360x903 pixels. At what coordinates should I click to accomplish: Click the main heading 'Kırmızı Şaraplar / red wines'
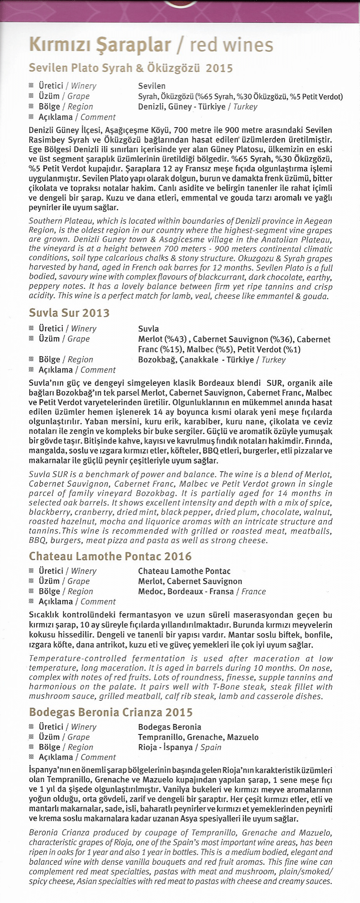pyautogui.click(x=151, y=45)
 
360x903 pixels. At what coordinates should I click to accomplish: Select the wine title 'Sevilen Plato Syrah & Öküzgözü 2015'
pyautogui.click(x=131, y=68)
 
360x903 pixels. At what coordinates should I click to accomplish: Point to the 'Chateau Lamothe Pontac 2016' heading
pyautogui.click(x=110, y=556)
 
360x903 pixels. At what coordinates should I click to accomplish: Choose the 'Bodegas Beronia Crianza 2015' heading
pyautogui.click(x=111, y=712)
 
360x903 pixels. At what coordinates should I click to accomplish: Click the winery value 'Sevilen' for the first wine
pyautogui.click(x=152, y=86)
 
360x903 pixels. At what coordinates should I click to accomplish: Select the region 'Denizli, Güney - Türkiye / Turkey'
pyautogui.click(x=198, y=107)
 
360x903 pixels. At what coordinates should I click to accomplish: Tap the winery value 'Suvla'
pyautogui.click(x=148, y=329)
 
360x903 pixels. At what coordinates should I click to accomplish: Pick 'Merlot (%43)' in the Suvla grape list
pyautogui.click(x=163, y=339)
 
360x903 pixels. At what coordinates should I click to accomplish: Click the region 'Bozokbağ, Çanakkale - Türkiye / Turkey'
pyautogui.click(x=212, y=360)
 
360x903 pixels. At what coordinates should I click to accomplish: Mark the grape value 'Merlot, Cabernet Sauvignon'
pyautogui.click(x=190, y=581)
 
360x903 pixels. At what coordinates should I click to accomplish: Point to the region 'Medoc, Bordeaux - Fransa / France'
pyautogui.click(x=202, y=591)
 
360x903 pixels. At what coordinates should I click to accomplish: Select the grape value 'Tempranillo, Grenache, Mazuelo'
pyautogui.click(x=198, y=737)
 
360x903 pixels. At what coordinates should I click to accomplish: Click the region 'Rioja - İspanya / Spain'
pyautogui.click(x=179, y=747)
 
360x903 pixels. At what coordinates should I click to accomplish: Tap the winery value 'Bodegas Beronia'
pyautogui.click(x=169, y=727)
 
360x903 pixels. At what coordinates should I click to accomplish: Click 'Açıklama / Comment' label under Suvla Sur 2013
pyautogui.click(x=77, y=370)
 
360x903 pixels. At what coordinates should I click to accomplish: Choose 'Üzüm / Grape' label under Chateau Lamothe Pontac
pyautogui.click(x=64, y=581)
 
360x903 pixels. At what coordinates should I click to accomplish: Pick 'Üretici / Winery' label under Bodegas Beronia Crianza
pyautogui.click(x=67, y=727)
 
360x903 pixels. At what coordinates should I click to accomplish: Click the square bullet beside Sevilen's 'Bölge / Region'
pyautogui.click(x=31, y=107)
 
